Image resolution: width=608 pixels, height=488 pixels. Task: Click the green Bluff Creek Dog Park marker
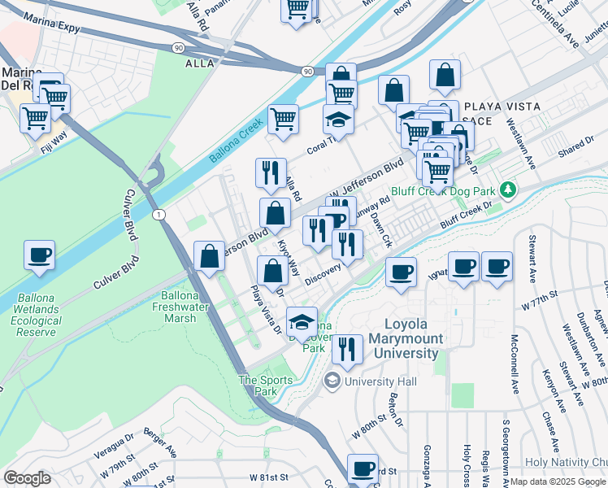[509, 190]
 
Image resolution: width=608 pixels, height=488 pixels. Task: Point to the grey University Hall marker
[332, 381]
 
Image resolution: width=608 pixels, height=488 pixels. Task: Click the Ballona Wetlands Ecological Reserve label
[35, 321]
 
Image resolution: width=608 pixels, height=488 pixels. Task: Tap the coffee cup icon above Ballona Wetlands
[39, 255]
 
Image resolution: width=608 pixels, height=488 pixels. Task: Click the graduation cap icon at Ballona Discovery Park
[302, 320]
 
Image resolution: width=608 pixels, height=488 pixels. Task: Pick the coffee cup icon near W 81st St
[363, 468]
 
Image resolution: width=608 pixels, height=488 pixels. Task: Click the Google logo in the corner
[27, 478]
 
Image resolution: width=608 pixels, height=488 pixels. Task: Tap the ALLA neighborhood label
[199, 63]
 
